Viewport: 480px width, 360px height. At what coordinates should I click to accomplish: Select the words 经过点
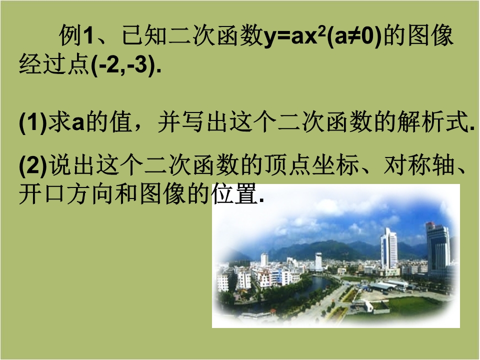(55, 65)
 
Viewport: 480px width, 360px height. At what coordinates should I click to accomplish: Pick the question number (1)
(33, 122)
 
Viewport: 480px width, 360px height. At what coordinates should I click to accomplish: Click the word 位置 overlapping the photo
(234, 194)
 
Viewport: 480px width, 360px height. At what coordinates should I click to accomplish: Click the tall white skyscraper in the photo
(389, 249)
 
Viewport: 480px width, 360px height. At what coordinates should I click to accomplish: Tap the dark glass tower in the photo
(438, 249)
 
